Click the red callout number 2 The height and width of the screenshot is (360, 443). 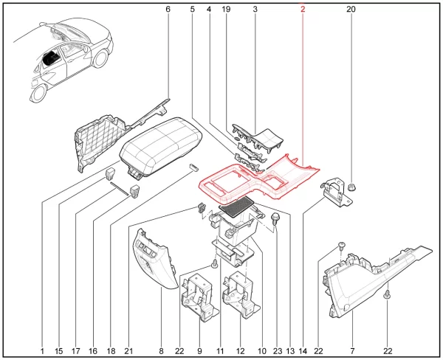[303, 10]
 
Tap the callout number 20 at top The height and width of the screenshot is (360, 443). [351, 10]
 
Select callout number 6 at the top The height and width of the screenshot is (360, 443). [168, 10]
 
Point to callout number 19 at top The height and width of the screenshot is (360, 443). [226, 10]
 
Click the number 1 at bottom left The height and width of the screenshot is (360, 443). [42, 351]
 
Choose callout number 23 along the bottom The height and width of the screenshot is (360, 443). [278, 351]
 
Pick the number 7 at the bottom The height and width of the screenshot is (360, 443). [352, 351]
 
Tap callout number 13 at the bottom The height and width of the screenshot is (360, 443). [290, 351]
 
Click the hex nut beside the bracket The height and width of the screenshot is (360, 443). [351, 187]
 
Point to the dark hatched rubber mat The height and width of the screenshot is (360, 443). [237, 207]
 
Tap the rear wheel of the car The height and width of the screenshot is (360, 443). [38, 93]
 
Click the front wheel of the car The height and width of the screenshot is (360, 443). [101, 58]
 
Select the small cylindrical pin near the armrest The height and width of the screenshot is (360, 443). [193, 166]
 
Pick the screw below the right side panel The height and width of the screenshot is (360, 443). [388, 294]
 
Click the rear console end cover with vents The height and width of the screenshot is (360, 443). [154, 260]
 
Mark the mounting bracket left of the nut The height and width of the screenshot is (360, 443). [336, 192]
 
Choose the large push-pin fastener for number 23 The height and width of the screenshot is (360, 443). [275, 219]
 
